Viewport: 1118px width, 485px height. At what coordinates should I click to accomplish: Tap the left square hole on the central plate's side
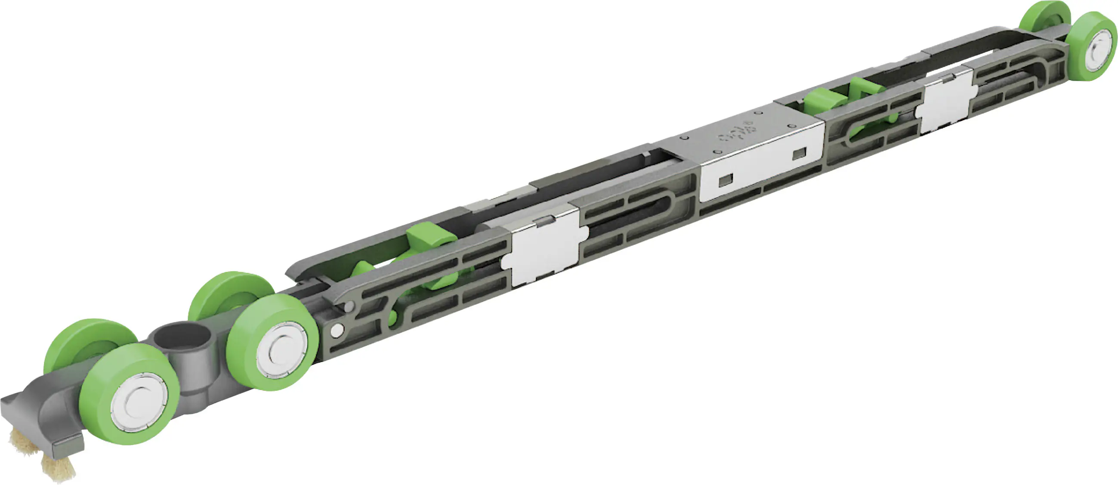tap(726, 180)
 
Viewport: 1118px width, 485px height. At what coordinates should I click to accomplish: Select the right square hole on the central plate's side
tap(799, 153)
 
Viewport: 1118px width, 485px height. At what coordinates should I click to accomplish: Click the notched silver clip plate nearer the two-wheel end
tap(946, 102)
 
